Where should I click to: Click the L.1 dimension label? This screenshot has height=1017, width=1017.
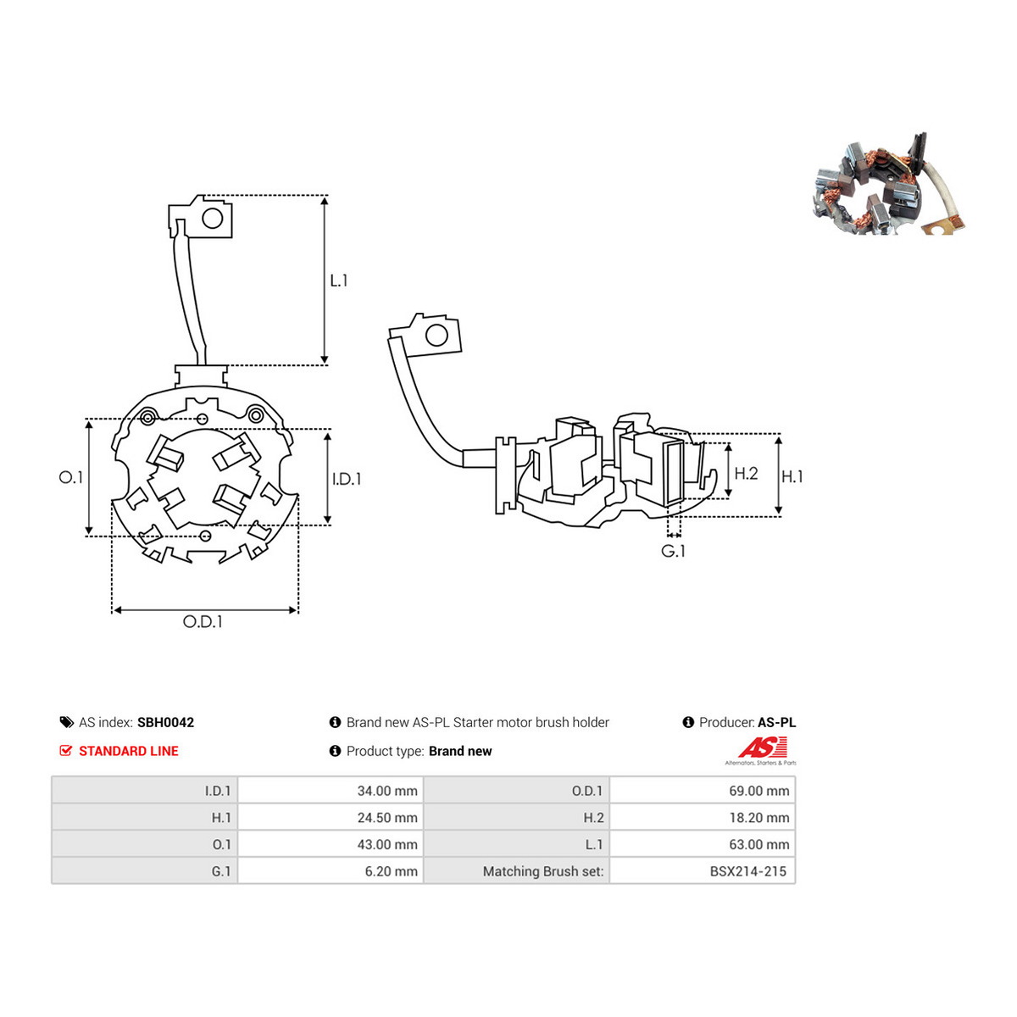pos(338,281)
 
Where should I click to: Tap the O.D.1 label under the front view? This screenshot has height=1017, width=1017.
pos(203,622)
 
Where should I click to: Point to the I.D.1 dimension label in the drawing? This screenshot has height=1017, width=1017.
pos(347,479)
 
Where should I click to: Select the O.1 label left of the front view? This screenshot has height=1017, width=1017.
pos(70,478)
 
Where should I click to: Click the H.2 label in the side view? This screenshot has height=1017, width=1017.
pos(747,474)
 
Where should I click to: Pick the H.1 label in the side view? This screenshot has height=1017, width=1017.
pos(792,477)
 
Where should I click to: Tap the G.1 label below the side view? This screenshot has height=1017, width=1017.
pos(673,551)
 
